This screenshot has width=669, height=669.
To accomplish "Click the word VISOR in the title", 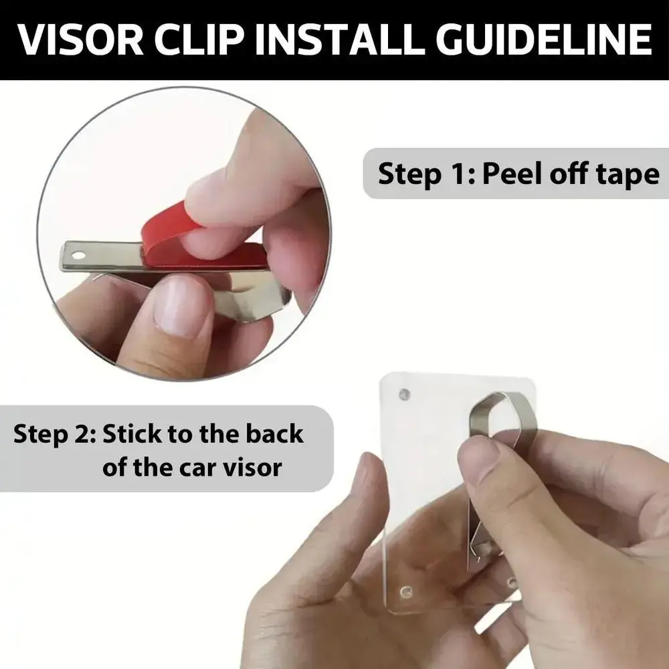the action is click(x=81, y=39).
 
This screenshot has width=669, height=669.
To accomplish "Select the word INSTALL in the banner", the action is click(x=340, y=39).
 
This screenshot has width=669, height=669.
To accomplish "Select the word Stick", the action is click(x=132, y=434).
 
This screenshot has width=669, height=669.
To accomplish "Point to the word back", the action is click(x=274, y=434).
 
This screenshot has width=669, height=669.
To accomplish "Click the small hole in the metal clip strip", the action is click(x=78, y=256).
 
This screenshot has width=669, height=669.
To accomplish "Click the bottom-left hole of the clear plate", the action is click(x=405, y=592).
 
